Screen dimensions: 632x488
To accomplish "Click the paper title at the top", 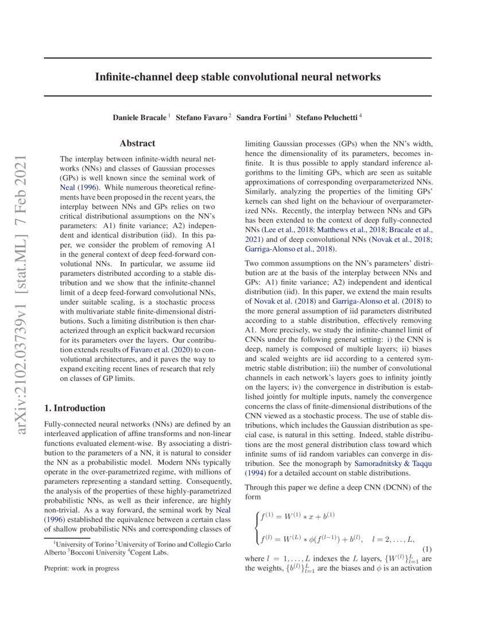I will click(238, 76).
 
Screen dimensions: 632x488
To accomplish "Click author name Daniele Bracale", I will click(140, 117).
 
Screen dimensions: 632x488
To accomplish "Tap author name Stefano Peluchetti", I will click(327, 117).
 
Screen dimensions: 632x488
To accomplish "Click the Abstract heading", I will click(137, 144).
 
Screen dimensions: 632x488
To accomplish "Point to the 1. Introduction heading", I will click(75, 408).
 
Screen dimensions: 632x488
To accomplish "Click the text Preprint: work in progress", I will click(82, 568).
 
